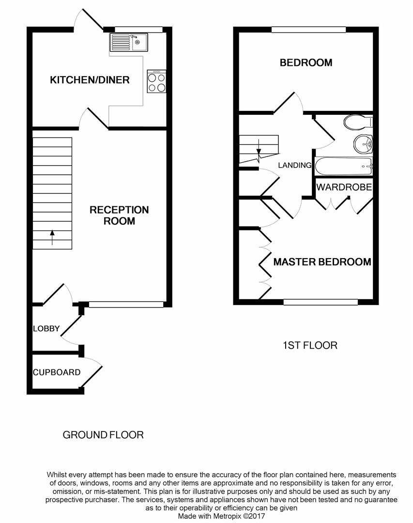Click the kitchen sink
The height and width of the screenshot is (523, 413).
(x=128, y=42)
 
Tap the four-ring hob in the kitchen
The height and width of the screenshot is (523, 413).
(x=156, y=82)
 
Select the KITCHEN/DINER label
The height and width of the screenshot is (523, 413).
(x=90, y=80)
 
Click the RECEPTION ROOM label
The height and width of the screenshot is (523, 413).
(x=119, y=215)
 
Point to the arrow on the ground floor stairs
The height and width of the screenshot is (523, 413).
(x=52, y=236)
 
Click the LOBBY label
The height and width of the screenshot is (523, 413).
(x=46, y=329)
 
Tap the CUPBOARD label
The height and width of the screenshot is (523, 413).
(x=56, y=372)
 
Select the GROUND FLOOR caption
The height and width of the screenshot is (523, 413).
(x=103, y=435)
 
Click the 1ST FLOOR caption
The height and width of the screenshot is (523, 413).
(x=309, y=345)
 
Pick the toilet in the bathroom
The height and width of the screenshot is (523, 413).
(x=358, y=121)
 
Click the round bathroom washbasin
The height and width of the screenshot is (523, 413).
(x=363, y=143)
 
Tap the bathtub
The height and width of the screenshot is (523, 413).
(x=343, y=167)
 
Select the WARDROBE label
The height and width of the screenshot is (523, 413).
(x=344, y=187)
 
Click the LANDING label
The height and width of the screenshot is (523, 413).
(x=294, y=165)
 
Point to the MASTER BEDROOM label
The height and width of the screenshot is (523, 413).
(x=322, y=262)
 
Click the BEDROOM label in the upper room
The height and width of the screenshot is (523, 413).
(x=306, y=62)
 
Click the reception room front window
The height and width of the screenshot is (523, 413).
(x=126, y=305)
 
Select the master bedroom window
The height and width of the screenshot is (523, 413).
(x=320, y=302)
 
